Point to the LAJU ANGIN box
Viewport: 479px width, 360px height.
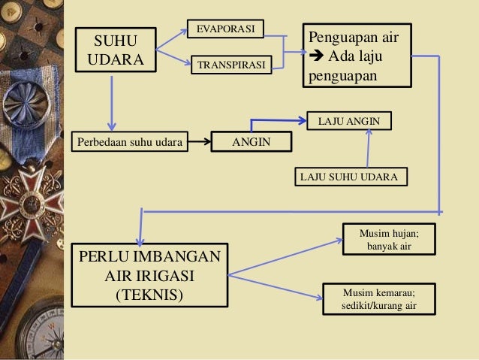pyautogui.click(x=349, y=120)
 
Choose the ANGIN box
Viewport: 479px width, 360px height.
pyautogui.click(x=251, y=141)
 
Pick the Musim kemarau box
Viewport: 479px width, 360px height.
pyautogui.click(x=378, y=299)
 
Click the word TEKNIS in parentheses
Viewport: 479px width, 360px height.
pyautogui.click(x=148, y=293)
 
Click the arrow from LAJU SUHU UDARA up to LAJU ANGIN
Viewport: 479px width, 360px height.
pyautogui.click(x=368, y=148)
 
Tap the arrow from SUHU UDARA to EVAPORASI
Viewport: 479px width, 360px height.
pyautogui.click(x=171, y=41)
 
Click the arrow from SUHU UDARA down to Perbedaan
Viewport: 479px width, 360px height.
pyautogui.click(x=112, y=101)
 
